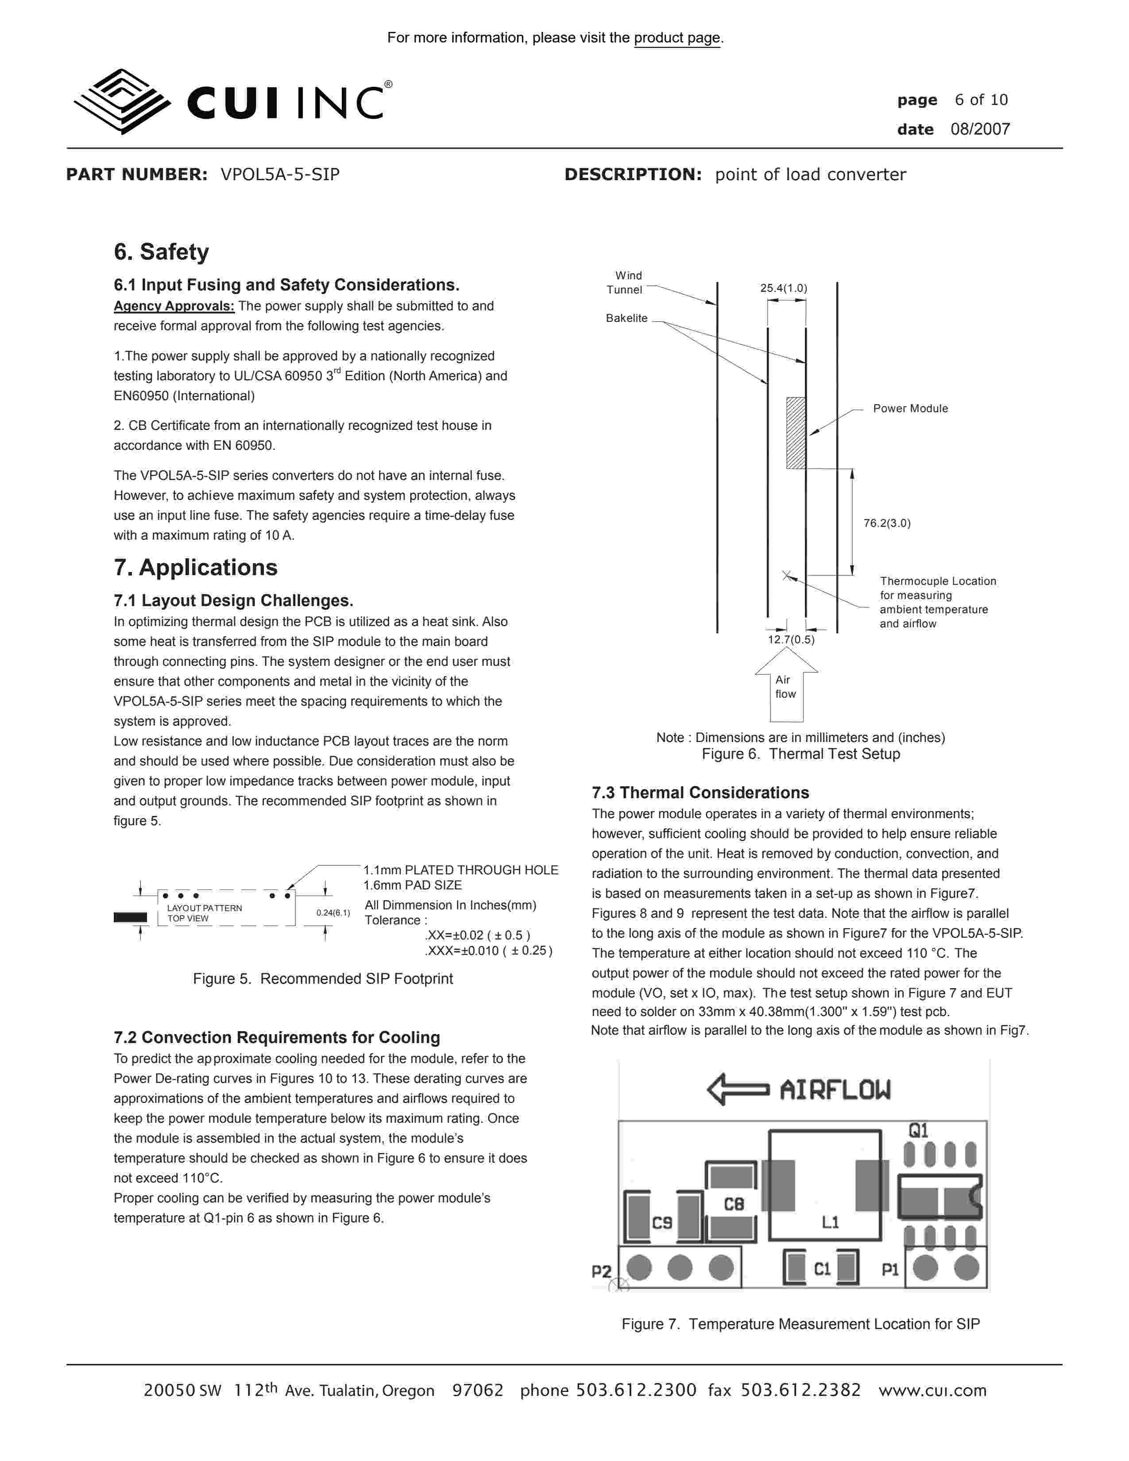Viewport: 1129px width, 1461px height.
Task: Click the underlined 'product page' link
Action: (677, 38)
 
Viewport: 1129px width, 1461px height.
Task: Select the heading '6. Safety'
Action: (161, 252)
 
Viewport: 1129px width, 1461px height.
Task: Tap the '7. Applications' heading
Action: (195, 567)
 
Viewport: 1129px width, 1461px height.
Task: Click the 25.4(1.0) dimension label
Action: (783, 288)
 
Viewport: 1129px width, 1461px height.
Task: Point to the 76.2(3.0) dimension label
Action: (887, 523)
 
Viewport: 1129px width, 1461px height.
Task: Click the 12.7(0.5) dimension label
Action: (791, 640)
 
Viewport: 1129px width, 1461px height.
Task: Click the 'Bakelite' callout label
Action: (626, 318)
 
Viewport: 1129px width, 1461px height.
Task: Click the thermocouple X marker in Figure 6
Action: (787, 575)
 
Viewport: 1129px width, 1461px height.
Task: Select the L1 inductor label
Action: (830, 1222)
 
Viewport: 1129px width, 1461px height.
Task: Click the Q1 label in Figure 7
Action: (918, 1131)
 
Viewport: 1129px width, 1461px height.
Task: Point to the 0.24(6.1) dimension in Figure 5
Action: (333, 912)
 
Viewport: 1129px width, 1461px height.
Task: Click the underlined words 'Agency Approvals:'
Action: (174, 306)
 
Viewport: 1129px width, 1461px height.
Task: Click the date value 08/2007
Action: (980, 129)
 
